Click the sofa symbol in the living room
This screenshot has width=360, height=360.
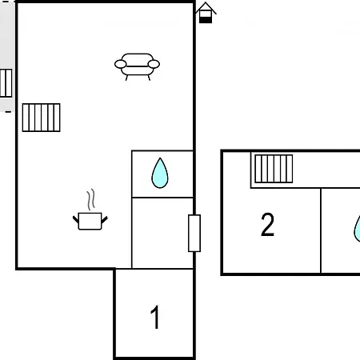coord(137,66)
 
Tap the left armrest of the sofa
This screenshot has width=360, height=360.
coord(120,64)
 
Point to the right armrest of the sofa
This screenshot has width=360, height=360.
coord(154,64)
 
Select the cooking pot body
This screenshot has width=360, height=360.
coord(90,221)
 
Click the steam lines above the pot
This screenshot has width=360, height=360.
coord(91,200)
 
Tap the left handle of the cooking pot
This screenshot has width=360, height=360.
coord(76,219)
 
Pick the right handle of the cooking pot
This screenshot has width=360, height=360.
coord(105,219)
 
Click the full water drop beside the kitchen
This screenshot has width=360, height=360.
coord(160,173)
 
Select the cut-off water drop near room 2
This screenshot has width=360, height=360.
coord(357,229)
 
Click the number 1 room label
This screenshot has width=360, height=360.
coord(155,317)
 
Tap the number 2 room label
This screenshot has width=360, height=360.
coord(267,225)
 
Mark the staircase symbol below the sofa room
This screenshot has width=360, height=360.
coord(42,118)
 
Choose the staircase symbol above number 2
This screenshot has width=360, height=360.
coord(274,169)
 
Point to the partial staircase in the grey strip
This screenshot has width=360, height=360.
coord(6,83)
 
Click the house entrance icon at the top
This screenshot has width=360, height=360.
coord(206,13)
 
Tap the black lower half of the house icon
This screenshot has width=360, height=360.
coord(206,20)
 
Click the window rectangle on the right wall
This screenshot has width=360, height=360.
coord(194,233)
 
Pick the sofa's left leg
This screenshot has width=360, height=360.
coord(127,78)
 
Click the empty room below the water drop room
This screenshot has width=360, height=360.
coord(162,233)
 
